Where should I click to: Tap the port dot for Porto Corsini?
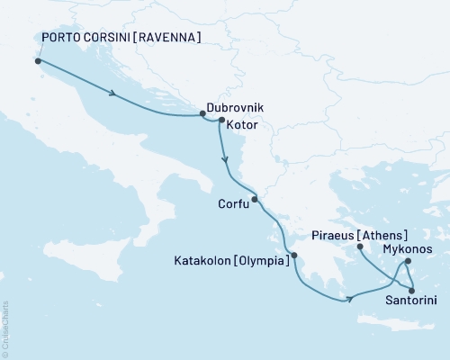click(x=38, y=61)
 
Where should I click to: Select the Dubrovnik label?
click(x=237, y=106)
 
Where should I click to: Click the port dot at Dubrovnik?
click(x=202, y=114)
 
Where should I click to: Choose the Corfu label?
click(x=234, y=203)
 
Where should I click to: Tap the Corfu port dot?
click(x=255, y=199)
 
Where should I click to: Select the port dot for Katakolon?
click(x=294, y=255)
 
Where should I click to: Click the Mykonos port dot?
click(x=408, y=262)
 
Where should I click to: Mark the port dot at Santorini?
click(x=413, y=290)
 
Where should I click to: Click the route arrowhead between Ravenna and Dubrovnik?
click(x=112, y=94)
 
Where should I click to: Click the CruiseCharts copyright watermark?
click(x=5, y=328)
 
